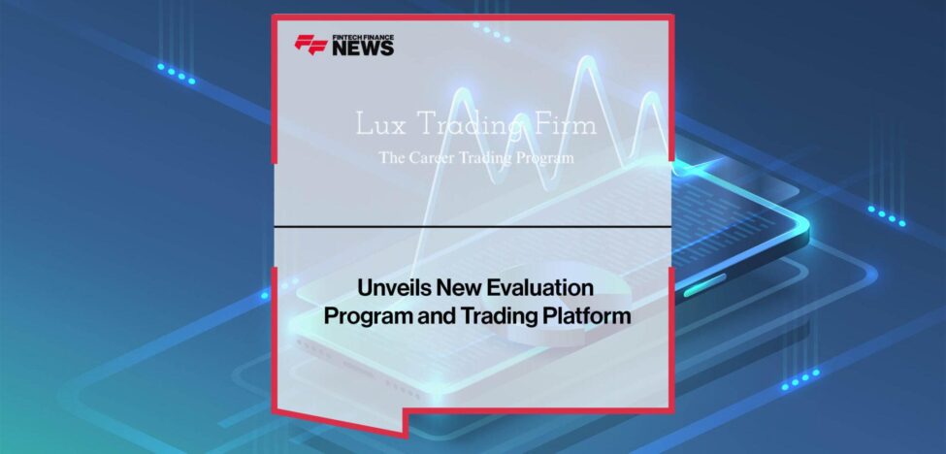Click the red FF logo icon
tap(310, 45)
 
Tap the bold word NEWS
tap(363, 49)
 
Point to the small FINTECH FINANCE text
tap(363, 37)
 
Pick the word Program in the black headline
tap(366, 316)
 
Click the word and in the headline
tap(431, 316)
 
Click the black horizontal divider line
tap(473, 227)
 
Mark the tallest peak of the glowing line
tap(586, 63)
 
